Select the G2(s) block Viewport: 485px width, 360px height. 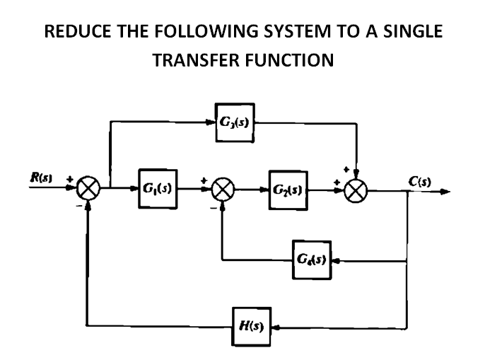288,190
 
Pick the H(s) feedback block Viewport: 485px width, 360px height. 252,327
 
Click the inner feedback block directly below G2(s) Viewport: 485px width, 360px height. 311,260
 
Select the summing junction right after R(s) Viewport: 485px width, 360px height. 90,190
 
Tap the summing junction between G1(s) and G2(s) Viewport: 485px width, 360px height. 223,190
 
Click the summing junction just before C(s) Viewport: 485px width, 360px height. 357,190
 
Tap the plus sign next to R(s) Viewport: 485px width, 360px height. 69,180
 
